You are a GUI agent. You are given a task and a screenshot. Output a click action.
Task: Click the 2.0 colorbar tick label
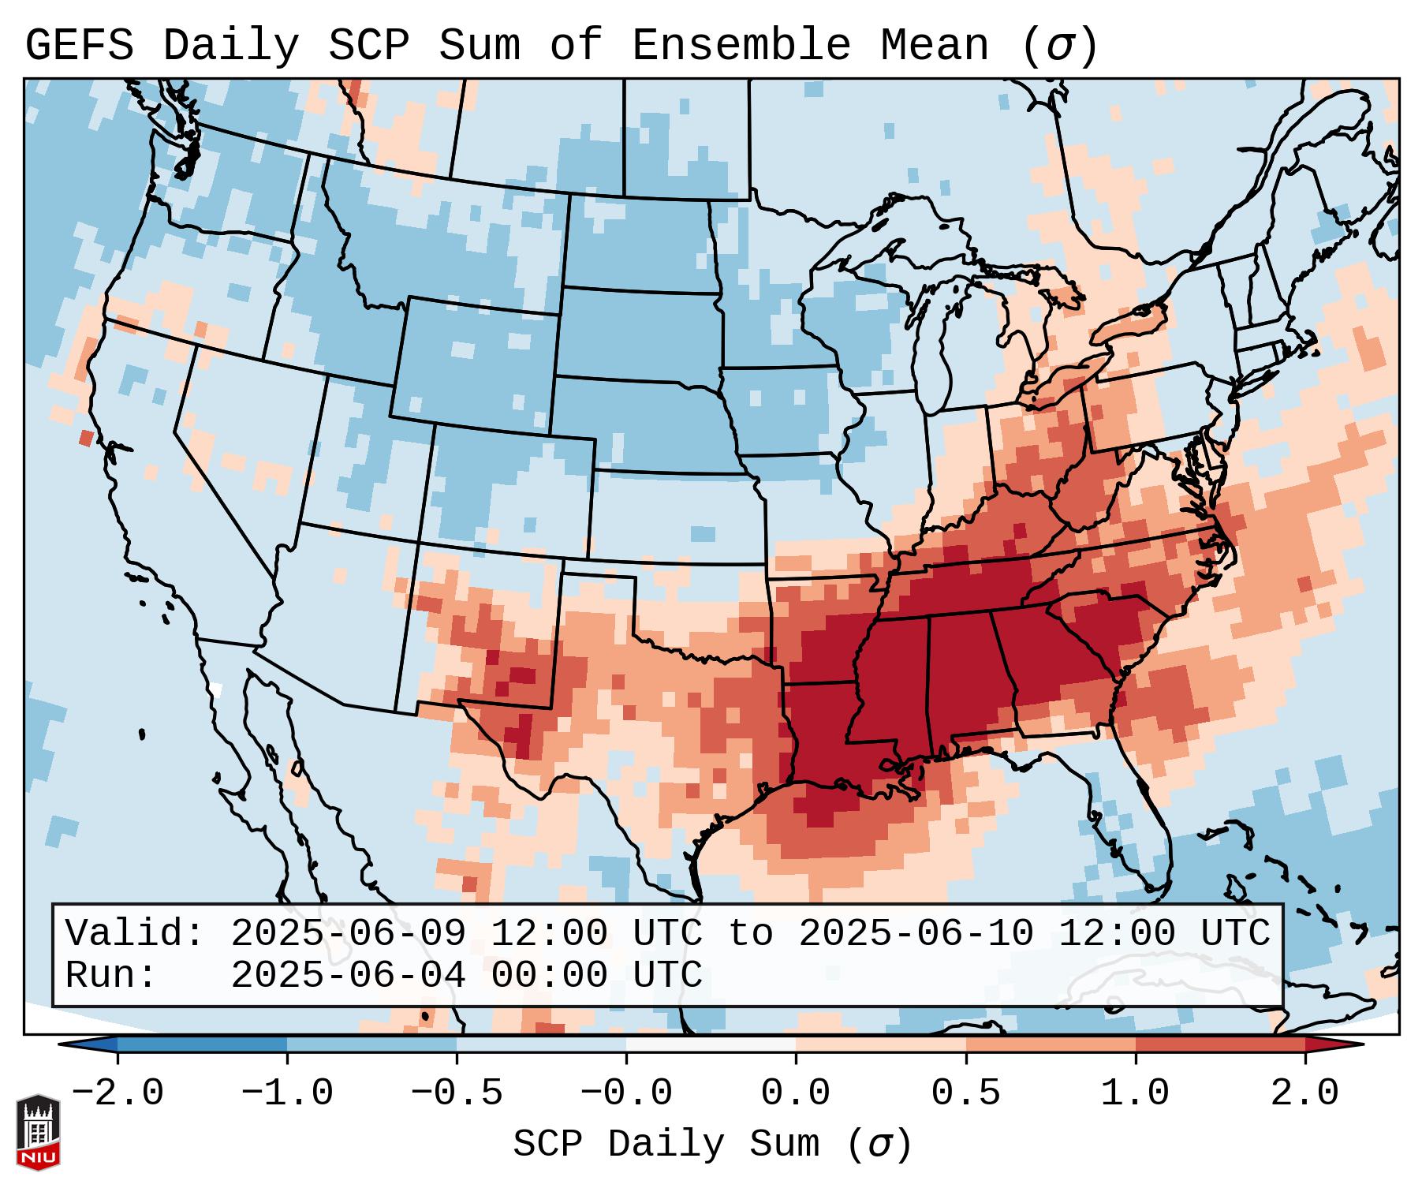point(1304,1093)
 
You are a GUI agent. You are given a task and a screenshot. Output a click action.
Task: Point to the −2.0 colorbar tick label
point(118,1093)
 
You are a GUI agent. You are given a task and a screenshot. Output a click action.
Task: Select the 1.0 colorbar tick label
point(1135,1093)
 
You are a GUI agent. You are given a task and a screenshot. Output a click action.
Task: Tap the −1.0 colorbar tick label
point(287,1093)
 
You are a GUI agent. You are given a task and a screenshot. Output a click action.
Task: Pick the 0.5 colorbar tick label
point(965,1093)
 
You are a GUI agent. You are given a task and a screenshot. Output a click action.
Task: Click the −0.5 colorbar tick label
point(457,1093)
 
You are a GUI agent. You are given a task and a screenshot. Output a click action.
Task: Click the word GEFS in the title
point(79,46)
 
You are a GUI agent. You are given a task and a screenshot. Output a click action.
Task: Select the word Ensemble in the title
point(741,46)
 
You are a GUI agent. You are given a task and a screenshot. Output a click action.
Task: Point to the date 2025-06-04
point(348,975)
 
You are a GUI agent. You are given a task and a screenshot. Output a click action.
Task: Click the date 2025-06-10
point(916,933)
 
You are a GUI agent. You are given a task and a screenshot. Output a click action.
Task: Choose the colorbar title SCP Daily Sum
point(666,1145)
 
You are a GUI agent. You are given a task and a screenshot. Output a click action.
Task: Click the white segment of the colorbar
point(711,1044)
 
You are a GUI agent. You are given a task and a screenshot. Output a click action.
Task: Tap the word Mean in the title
point(935,46)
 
